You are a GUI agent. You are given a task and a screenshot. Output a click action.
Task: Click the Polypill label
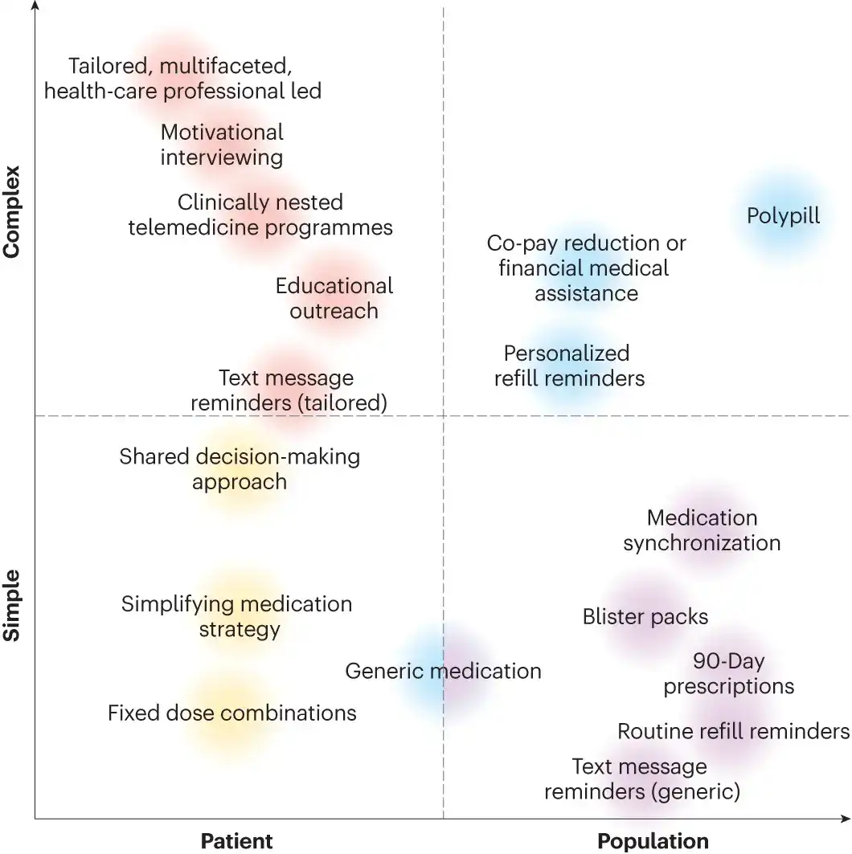(x=783, y=216)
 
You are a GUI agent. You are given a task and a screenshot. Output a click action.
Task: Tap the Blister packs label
(x=645, y=617)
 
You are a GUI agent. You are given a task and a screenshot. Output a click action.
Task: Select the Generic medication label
(x=443, y=671)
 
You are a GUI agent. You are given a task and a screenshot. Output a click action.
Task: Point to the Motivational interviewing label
(x=222, y=144)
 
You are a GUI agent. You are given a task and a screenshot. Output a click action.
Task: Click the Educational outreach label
(x=334, y=298)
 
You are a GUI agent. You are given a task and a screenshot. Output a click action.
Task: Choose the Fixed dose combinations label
(x=231, y=713)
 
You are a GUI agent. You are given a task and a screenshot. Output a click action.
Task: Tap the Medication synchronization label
(x=702, y=530)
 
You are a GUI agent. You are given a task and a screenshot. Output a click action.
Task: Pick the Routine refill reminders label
(x=733, y=731)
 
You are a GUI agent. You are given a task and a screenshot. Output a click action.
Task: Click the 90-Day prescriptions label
(x=728, y=674)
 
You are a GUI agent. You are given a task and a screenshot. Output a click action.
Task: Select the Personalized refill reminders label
(x=568, y=366)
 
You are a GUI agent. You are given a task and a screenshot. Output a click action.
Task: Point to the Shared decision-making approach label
(x=240, y=469)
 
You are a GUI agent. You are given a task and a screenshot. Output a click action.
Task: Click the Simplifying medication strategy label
(x=237, y=615)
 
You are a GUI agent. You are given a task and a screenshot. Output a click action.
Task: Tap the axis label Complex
(x=11, y=211)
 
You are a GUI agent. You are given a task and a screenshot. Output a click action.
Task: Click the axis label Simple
(x=11, y=606)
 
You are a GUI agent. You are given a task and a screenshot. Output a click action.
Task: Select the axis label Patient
(x=236, y=841)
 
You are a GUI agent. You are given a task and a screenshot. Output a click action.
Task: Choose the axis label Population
(x=653, y=841)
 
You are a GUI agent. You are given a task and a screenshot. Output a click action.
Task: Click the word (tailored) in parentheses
(x=341, y=402)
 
